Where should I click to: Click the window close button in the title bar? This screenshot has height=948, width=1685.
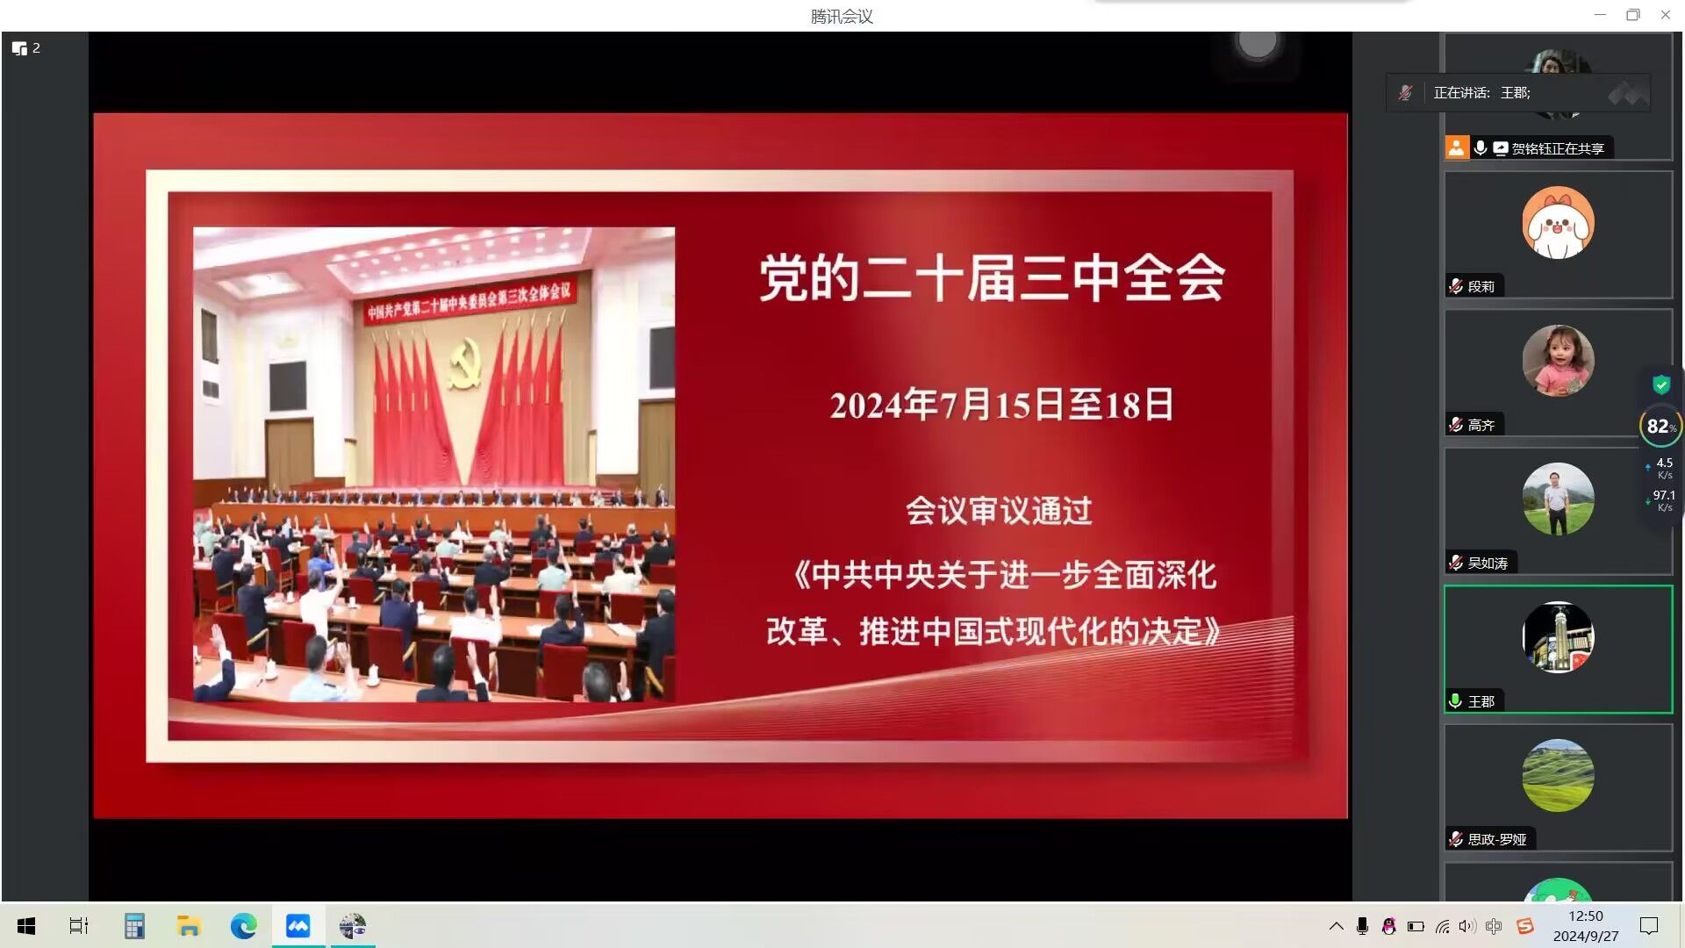1666,15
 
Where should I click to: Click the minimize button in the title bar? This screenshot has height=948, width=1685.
1600,15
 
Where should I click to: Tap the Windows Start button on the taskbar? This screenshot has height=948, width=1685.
26,926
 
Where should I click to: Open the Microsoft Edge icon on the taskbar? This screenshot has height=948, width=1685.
243,926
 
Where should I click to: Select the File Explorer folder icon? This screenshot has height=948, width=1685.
189,926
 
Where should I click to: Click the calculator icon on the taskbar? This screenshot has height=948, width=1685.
134,926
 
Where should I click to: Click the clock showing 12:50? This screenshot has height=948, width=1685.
1585,916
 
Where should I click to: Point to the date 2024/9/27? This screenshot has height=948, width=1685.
1585,937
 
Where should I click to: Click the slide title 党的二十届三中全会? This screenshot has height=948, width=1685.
992,277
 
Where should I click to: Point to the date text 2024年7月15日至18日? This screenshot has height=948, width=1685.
1001,405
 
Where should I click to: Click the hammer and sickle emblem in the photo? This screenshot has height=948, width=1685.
464,363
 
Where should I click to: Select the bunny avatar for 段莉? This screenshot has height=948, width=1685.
1558,223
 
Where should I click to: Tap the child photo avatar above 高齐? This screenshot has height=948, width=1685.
1558,361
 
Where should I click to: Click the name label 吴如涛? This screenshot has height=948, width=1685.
1488,564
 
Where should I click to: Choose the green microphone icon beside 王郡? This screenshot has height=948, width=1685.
1455,700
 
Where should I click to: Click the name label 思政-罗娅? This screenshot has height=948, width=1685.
1497,840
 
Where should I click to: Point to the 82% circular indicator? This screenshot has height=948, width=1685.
1660,427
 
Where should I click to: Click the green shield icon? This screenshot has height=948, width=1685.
1661,384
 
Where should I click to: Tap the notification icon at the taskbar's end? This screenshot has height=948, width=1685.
1649,926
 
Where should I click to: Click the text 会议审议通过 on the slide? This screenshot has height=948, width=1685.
999,511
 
